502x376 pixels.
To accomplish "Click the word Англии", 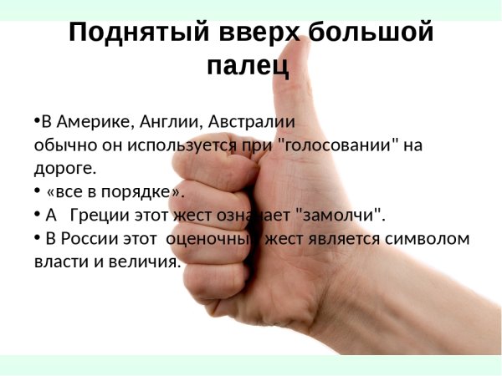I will point(166,121).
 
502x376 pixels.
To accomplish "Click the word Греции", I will point(97,216).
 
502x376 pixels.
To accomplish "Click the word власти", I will point(57,262).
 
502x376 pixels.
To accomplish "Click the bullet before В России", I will point(37,238).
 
